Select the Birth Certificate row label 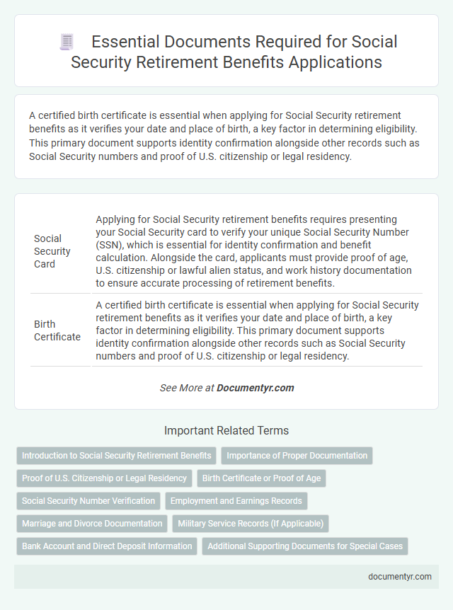[x=57, y=330]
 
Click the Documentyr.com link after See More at [x=255, y=388]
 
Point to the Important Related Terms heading [x=226, y=430]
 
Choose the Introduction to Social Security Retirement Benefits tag [x=116, y=456]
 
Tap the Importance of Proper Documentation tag [x=297, y=456]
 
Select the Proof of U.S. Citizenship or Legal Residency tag [x=104, y=478]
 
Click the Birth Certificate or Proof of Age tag [x=261, y=478]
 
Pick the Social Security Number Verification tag [x=88, y=501]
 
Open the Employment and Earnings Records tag [x=236, y=501]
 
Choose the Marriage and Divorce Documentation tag [x=92, y=524]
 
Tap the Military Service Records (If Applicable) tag [x=251, y=524]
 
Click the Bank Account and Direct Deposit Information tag [x=107, y=546]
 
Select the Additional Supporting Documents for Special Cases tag [x=305, y=546]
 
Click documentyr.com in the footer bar [x=400, y=576]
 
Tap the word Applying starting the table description [x=115, y=219]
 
